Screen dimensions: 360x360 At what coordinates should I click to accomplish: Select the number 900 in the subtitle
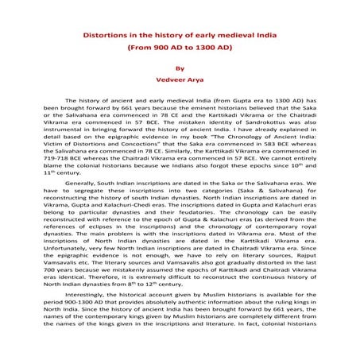click(156, 47)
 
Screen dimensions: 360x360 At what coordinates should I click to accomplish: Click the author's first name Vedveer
click(170, 79)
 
